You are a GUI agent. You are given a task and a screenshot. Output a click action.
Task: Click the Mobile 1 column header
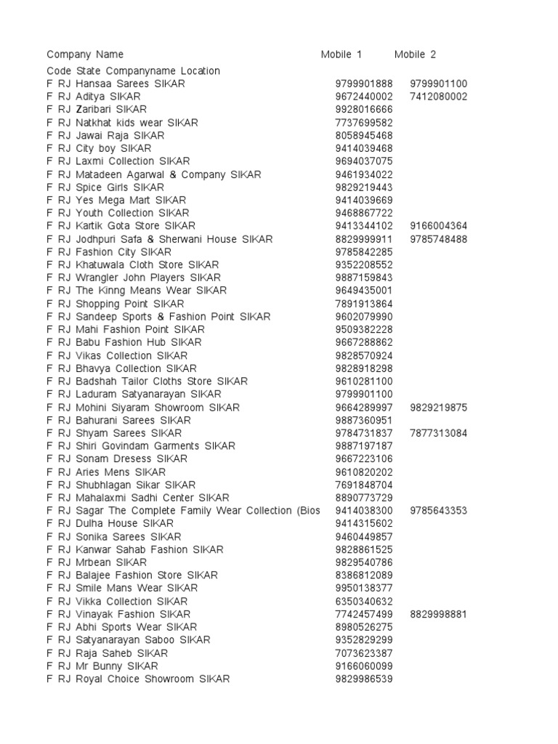pyautogui.click(x=341, y=54)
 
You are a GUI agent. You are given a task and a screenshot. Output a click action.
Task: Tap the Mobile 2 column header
pyautogui.click(x=415, y=54)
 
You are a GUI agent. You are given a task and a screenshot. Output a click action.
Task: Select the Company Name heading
pyautogui.click(x=85, y=54)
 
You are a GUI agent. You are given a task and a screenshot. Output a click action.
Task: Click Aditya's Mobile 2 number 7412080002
pyautogui.click(x=438, y=97)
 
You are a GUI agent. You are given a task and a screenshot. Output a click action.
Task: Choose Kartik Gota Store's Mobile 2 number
pyautogui.click(x=438, y=226)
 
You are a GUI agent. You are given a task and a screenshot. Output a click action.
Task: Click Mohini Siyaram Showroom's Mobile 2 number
pyautogui.click(x=438, y=408)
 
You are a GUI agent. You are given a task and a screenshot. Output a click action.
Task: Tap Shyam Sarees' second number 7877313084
pyautogui.click(x=438, y=433)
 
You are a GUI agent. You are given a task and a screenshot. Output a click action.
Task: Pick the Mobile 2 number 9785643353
pyautogui.click(x=438, y=511)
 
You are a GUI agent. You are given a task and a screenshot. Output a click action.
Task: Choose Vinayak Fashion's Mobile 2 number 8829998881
pyautogui.click(x=438, y=614)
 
